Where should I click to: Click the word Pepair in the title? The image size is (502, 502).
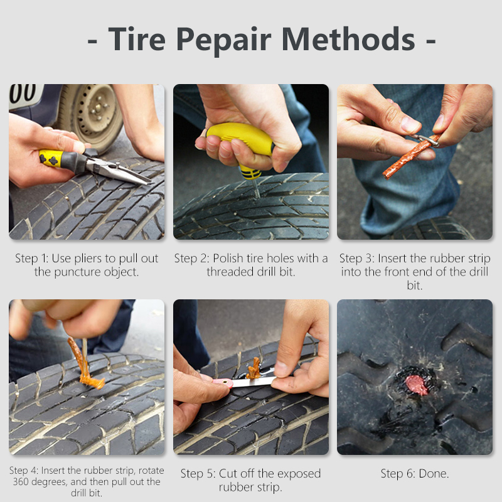pos(224,40)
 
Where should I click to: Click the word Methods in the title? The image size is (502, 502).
pos(348,39)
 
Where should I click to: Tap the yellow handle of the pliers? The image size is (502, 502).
pos(51,158)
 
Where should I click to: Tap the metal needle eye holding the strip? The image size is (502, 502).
pos(427,140)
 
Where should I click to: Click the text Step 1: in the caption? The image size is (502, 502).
pos(32,259)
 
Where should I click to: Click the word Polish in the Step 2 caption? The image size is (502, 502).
pos(228,258)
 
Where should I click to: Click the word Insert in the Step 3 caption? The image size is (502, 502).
pos(392,259)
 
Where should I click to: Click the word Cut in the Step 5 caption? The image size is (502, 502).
pos(228,474)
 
